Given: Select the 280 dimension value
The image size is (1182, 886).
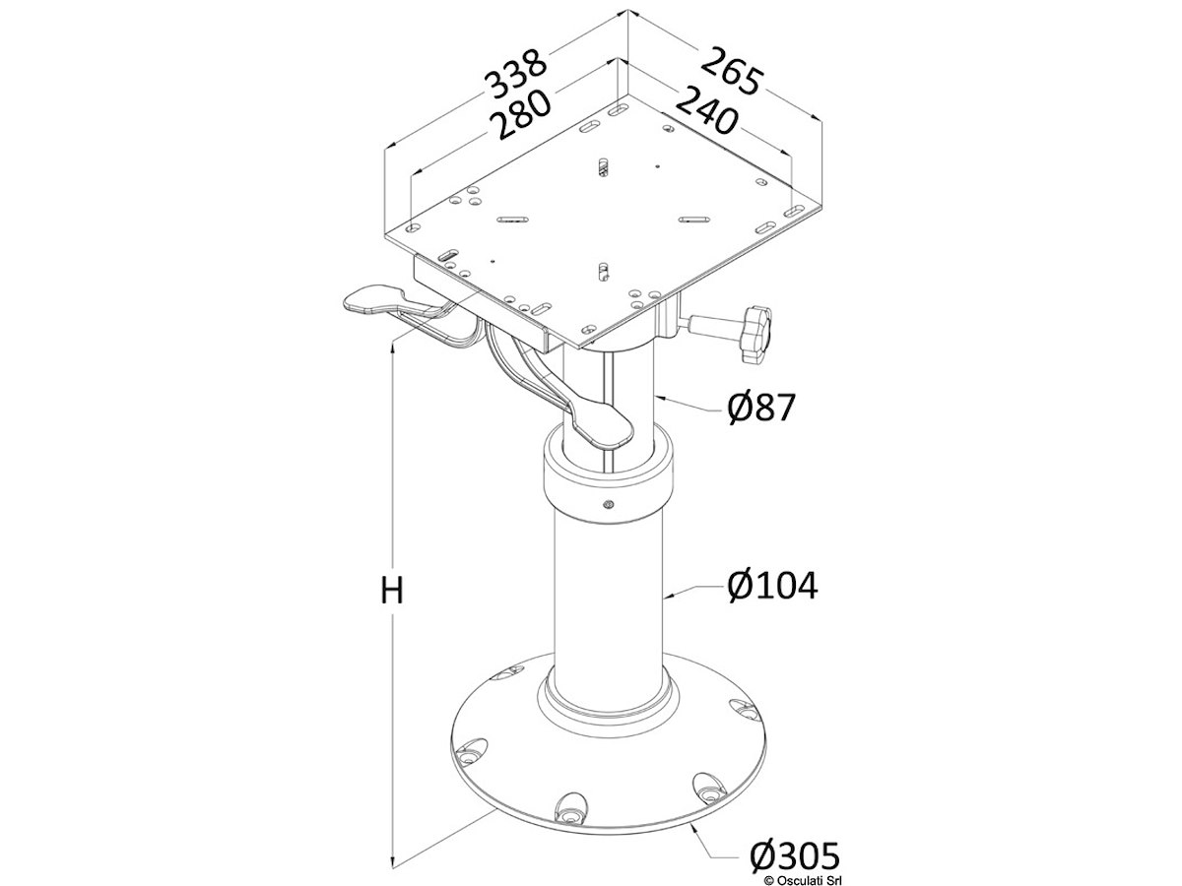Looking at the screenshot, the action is [523, 114].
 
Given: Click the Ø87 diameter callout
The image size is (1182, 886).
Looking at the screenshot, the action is [760, 408].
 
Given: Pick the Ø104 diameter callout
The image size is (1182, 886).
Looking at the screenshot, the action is [773, 586].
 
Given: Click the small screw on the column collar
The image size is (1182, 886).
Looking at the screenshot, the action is [608, 504].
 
